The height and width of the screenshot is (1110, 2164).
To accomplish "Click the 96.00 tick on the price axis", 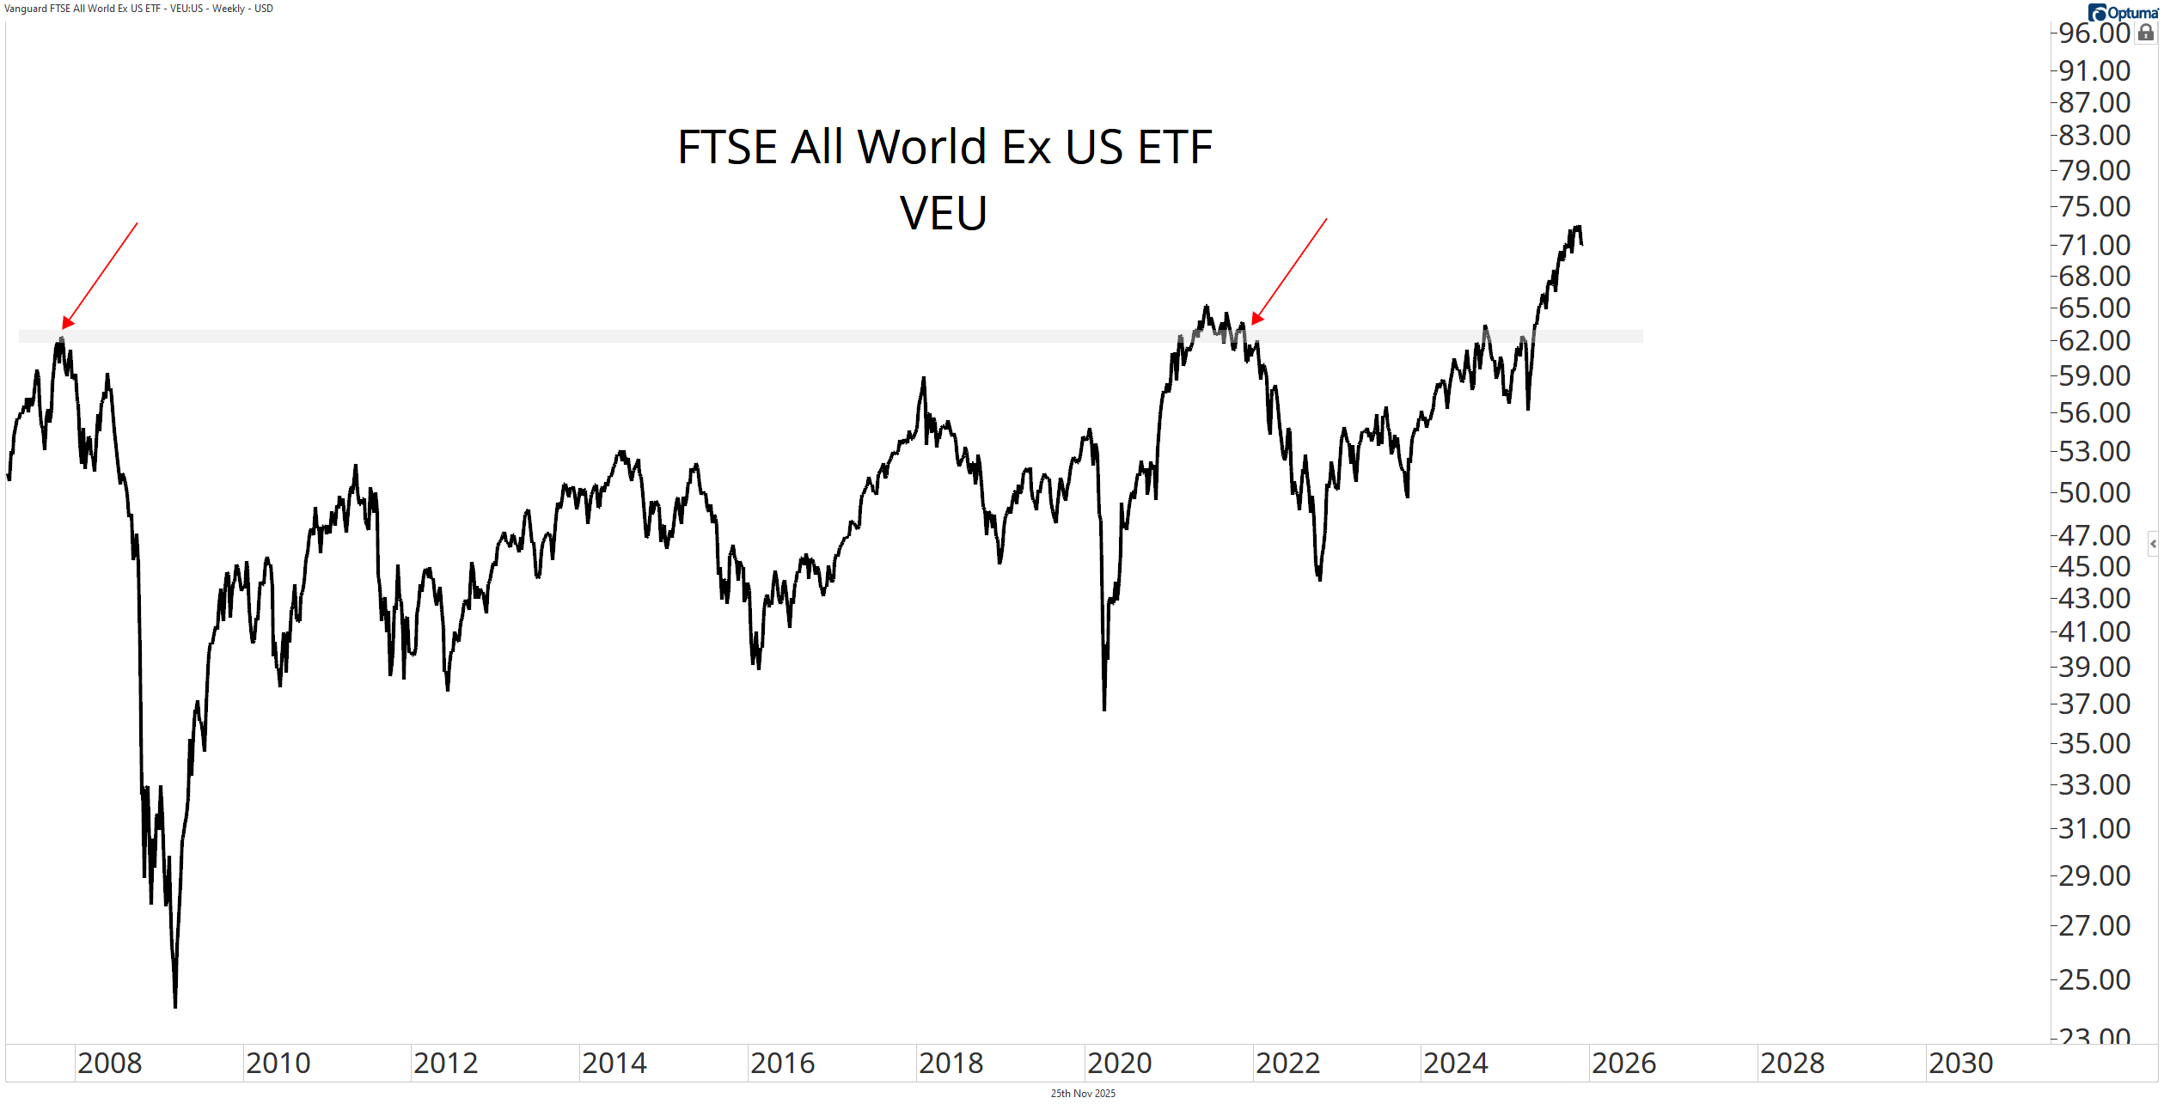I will [x=2094, y=34].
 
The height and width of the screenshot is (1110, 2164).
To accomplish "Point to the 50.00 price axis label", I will [x=2094, y=493].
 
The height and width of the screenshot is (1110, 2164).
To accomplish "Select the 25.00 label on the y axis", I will [x=2094, y=980].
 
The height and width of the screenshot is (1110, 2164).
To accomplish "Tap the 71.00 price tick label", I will [x=2094, y=246].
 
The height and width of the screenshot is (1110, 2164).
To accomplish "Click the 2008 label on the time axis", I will [x=110, y=1064].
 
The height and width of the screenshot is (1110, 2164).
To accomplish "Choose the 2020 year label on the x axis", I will [x=1119, y=1064].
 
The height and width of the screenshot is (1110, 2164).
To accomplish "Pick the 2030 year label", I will [x=1960, y=1064].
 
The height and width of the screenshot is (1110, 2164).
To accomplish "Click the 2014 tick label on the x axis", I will [x=614, y=1064].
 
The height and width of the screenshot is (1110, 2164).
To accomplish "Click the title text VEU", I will [x=943, y=213].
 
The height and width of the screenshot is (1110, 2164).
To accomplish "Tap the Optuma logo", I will [x=2122, y=12].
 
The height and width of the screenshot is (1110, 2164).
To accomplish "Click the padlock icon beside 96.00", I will [x=2146, y=34].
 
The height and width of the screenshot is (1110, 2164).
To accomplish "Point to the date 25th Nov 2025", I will [x=1083, y=1094].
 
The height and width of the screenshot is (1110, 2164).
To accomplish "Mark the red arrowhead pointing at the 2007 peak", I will [x=66, y=324].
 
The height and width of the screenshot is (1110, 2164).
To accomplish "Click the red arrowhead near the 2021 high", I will [x=1256, y=320].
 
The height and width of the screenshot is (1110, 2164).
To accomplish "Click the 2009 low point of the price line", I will [x=175, y=1005].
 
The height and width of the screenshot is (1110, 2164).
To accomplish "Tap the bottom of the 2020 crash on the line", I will [x=1104, y=708].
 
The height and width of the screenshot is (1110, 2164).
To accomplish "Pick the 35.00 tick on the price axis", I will [x=2094, y=744].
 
